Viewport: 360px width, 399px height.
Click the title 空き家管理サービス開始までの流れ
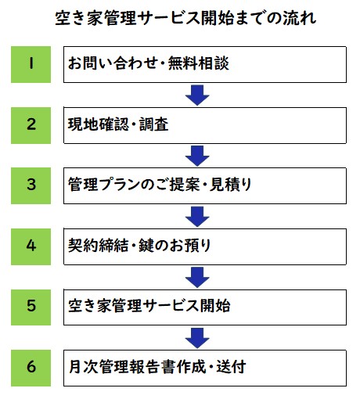coord(185,18)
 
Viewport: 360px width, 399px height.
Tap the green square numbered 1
coord(31,64)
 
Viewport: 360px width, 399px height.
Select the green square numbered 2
coord(31,125)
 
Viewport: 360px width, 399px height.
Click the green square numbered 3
coord(31,185)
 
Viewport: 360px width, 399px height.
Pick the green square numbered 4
coord(31,246)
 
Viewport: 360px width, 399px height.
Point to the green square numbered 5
coord(31,307)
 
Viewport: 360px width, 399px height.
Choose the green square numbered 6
coord(31,368)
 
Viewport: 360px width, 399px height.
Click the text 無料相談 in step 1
coord(199,63)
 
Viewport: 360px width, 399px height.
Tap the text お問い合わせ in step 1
coord(113,63)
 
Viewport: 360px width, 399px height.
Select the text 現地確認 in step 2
coord(99,124)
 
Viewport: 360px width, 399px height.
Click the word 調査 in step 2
coord(153,124)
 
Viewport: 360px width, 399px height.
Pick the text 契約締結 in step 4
coord(99,246)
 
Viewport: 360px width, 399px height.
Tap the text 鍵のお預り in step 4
coord(175,246)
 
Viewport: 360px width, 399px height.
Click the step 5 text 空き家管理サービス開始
coord(149,306)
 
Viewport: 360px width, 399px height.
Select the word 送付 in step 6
coord(231,367)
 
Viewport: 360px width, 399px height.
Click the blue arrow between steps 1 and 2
coord(197,95)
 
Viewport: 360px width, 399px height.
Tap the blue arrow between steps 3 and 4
coord(197,217)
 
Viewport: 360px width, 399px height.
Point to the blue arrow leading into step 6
coord(197,338)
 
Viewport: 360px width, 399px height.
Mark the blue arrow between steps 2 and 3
coord(197,156)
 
